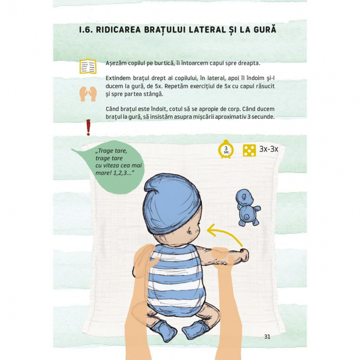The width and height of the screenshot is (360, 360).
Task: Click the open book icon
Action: [x=88, y=66]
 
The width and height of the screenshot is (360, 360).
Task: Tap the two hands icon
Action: [x=88, y=94]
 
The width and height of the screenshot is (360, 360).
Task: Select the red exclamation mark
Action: [x=88, y=128]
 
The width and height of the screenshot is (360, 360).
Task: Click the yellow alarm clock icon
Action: [x=226, y=149]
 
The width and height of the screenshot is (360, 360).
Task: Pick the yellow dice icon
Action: [x=249, y=151]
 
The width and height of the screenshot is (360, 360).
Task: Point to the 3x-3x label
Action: [x=268, y=149]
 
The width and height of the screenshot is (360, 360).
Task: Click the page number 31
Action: [x=267, y=336]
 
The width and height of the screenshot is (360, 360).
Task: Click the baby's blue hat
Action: [x=172, y=203]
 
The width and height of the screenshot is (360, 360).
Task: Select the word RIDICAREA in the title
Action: [x=118, y=30]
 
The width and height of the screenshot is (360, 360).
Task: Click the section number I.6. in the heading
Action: [x=86, y=30]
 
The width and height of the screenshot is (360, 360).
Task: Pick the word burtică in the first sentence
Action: [x=165, y=63]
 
